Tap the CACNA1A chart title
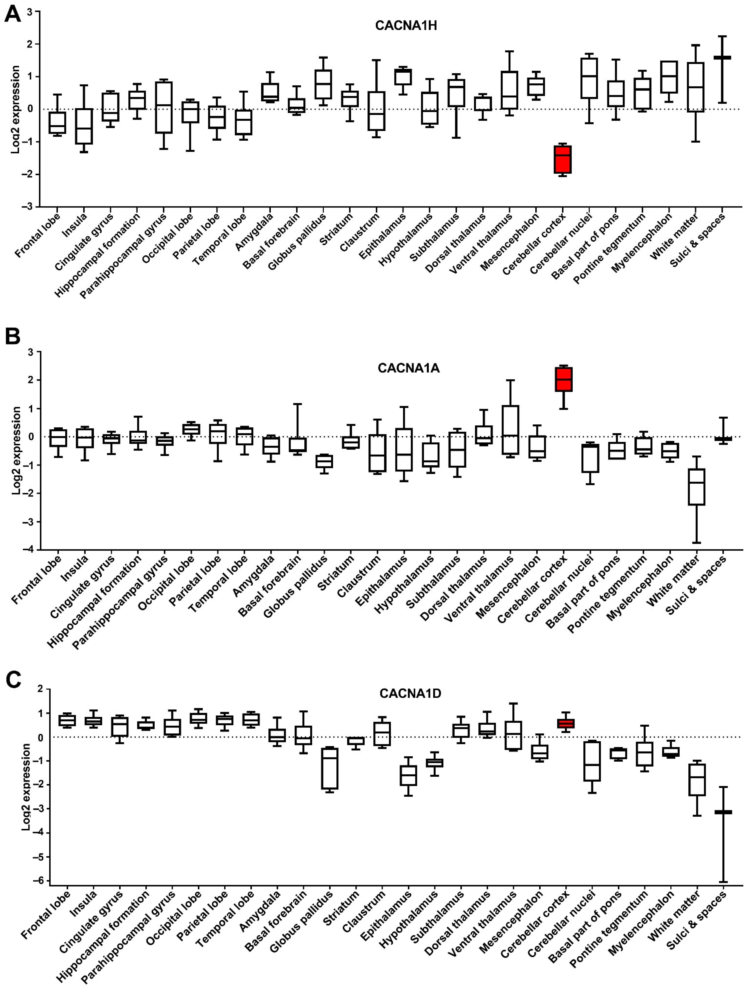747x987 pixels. [x=408, y=368]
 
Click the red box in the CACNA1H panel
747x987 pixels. [x=562, y=159]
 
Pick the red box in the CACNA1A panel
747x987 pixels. [x=564, y=379]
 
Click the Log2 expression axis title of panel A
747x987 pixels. [x=16, y=109]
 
